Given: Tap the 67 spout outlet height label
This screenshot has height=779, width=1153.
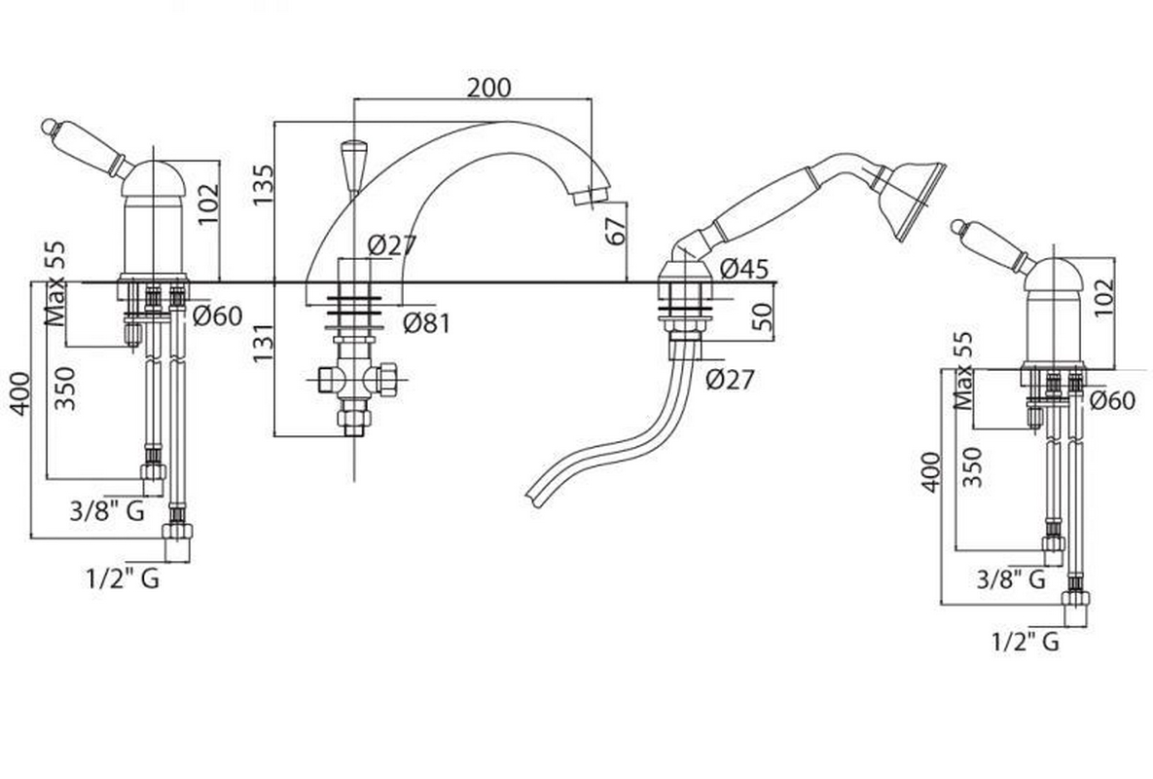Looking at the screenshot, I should tap(613, 232).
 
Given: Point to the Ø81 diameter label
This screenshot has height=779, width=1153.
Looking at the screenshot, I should tap(427, 321).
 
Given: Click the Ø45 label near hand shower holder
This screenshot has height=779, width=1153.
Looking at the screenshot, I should tap(745, 270).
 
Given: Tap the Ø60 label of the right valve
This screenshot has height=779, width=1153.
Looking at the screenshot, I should tap(1111, 399).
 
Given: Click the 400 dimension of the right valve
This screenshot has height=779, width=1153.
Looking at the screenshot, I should tap(931, 471).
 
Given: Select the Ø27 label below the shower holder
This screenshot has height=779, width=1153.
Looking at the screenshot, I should tap(730, 378).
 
